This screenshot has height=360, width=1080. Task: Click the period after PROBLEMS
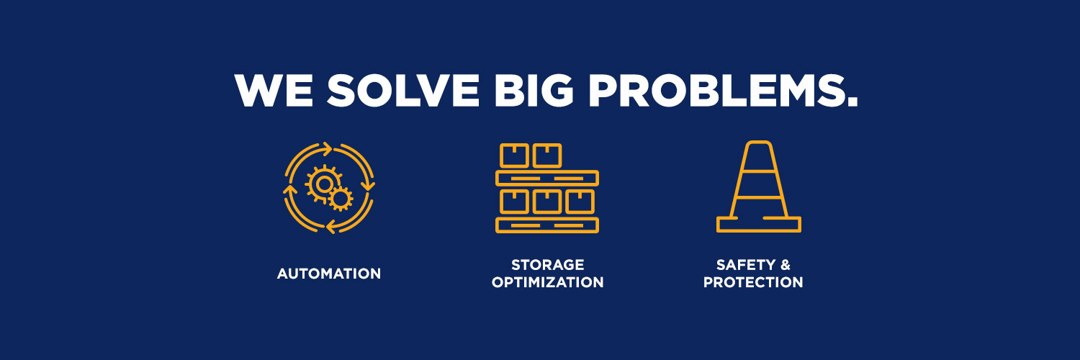852,102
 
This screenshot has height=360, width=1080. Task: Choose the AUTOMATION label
329,274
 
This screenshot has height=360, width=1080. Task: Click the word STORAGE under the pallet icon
547,265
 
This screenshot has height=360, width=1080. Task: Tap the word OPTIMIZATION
547,282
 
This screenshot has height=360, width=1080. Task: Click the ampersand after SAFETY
785,265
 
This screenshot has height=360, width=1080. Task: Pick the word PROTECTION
753,282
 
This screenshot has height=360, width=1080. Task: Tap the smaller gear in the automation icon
341,198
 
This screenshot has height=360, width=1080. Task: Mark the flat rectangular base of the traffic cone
759,225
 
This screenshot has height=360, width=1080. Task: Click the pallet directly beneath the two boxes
547,178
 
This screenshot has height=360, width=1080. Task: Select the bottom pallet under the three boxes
547,225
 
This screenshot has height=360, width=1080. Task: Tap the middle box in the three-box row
546,202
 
